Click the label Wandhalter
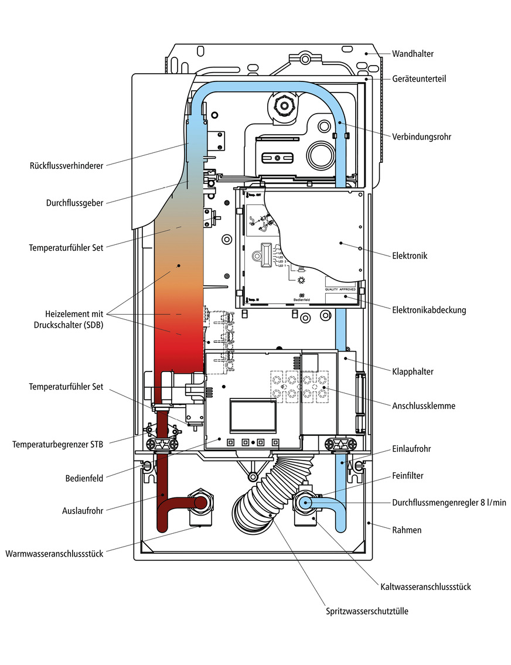[x=414, y=53]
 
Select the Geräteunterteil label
[x=418, y=79]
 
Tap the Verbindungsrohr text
[x=421, y=137]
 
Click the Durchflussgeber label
[x=74, y=203]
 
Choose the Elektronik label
[x=410, y=255]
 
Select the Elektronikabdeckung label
[x=429, y=310]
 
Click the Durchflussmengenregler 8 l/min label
[x=449, y=502]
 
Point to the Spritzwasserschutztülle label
[x=367, y=611]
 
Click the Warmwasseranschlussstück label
[x=54, y=553]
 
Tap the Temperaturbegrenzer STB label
[x=57, y=445]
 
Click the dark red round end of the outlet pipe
[x=200, y=503]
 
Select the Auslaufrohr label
[x=82, y=510]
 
